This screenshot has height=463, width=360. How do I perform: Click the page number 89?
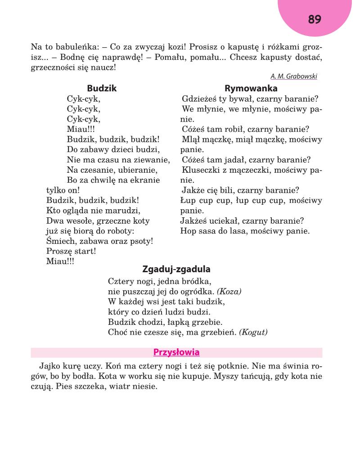(315, 19)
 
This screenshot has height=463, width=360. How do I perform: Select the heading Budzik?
(102, 89)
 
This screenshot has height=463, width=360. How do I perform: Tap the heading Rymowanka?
(251, 89)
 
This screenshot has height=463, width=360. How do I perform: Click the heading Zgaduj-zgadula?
(176, 270)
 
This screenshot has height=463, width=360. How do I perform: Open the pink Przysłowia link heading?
(176, 352)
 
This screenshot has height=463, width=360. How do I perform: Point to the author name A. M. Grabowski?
(293, 76)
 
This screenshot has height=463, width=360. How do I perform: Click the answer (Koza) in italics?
(229, 292)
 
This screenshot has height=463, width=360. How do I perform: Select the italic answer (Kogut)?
(253, 333)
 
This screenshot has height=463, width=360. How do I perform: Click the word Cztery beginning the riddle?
(121, 282)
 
